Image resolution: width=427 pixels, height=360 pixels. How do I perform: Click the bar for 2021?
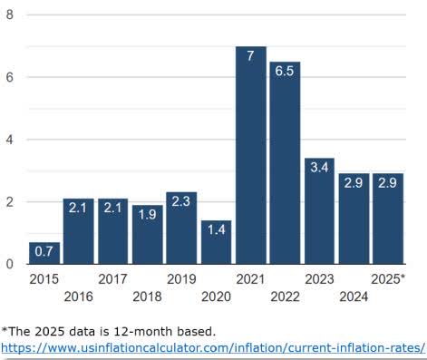pyautogui.click(x=250, y=155)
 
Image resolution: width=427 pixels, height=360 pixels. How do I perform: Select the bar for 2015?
pyautogui.click(x=44, y=253)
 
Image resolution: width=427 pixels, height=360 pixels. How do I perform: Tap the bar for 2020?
pyautogui.click(x=216, y=242)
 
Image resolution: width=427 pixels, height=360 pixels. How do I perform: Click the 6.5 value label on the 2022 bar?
pyautogui.click(x=285, y=71)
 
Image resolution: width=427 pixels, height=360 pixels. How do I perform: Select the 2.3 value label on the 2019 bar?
pyautogui.click(x=181, y=201)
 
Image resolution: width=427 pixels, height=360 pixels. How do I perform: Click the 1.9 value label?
pyautogui.click(x=147, y=214)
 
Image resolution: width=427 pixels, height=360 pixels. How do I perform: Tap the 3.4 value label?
pyautogui.click(x=319, y=168)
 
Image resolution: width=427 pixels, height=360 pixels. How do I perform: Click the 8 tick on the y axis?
pyautogui.click(x=10, y=15)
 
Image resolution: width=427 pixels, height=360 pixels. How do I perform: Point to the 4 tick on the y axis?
pyautogui.click(x=10, y=140)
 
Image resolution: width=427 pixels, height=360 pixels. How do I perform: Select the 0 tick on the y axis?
pyautogui.click(x=10, y=264)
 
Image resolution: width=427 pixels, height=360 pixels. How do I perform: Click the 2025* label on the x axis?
pyautogui.click(x=388, y=278)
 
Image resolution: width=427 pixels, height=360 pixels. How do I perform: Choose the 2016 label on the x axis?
pyautogui.click(x=78, y=296)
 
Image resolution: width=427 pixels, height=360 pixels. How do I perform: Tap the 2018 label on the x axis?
pyautogui.click(x=147, y=296)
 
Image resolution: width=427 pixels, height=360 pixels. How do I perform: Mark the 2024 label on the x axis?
pyautogui.click(x=354, y=296)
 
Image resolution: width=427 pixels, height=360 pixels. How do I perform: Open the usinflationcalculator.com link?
pyautogui.click(x=213, y=347)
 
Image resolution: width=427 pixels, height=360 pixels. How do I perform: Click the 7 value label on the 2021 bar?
pyautogui.click(x=250, y=55)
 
